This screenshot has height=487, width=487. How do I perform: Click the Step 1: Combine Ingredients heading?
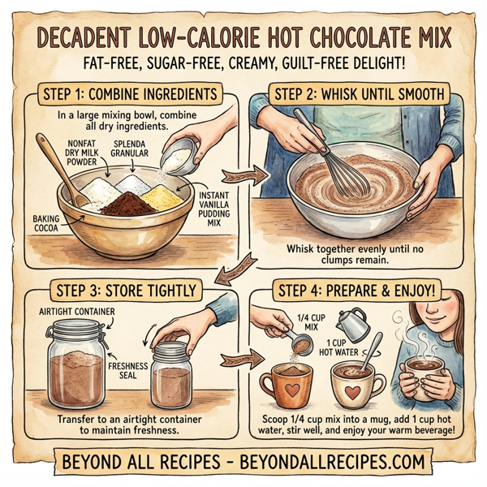[x=130, y=94]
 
